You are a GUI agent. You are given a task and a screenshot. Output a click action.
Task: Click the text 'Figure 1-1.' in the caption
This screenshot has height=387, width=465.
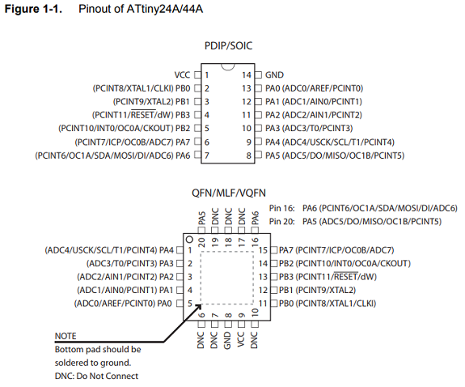coord(33,9)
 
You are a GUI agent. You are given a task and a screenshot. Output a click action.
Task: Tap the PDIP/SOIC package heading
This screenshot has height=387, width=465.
coord(228,45)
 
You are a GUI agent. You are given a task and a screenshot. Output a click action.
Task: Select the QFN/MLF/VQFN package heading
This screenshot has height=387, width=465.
coord(229,193)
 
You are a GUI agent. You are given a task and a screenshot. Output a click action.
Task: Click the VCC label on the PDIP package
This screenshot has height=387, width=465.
coord(182,74)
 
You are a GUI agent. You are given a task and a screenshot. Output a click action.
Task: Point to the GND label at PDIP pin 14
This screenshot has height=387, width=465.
coord(274,74)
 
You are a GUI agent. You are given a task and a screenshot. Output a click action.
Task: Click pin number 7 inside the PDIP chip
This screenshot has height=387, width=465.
coord(207,155)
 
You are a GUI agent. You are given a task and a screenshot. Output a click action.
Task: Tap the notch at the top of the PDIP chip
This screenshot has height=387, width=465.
coord(228,67)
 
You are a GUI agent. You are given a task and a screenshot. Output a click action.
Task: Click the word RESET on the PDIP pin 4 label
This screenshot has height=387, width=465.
coord(143,115)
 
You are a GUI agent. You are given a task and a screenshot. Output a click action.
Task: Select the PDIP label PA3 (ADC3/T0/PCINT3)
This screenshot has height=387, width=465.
coord(309,128)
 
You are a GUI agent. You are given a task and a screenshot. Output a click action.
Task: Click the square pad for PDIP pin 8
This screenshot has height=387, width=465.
coord(259,155)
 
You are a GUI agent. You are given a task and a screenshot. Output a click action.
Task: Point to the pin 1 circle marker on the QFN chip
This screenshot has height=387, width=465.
coord(189,240)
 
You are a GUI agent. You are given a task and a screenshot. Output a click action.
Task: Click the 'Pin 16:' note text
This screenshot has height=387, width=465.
coord(281,208)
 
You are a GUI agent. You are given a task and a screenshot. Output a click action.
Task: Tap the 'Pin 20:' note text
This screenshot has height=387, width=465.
coord(281,222)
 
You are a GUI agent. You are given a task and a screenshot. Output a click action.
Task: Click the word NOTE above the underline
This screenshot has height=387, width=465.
coord(66,336)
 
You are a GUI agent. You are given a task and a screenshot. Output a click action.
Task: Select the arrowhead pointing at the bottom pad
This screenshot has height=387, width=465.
coord(198,307)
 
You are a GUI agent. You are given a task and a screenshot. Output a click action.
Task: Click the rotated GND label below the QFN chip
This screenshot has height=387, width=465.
coord(227,340)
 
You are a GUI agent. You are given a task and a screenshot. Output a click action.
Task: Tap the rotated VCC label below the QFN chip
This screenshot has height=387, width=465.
coord(240,339)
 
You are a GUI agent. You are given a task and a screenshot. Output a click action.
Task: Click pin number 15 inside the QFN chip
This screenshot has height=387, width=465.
coord(263,250)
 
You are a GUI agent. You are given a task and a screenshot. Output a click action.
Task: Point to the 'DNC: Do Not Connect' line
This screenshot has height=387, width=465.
coord(96,376)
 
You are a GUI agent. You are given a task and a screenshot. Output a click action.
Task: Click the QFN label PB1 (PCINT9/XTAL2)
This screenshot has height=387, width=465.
coord(317,290)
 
